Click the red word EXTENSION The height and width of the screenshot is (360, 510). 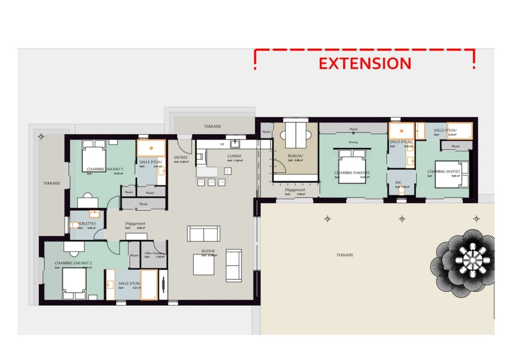pos(365,64)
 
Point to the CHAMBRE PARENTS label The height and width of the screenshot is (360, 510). pos(352,173)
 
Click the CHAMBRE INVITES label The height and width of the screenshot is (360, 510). pos(443,172)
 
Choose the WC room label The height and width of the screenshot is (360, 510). pos(398,182)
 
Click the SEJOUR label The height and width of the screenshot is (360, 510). pos(208,251)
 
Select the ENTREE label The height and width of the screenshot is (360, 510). pos(181,157)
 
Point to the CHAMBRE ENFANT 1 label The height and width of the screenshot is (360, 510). pos(105,169)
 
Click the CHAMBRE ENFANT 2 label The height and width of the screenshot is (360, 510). pos(73,263)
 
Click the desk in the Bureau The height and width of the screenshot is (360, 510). pos(296,133)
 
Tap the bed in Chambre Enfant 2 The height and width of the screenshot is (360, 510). pos(74,283)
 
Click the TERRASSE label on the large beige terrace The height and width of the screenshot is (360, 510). pos(345,255)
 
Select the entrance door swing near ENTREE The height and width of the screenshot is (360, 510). pos(184,145)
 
